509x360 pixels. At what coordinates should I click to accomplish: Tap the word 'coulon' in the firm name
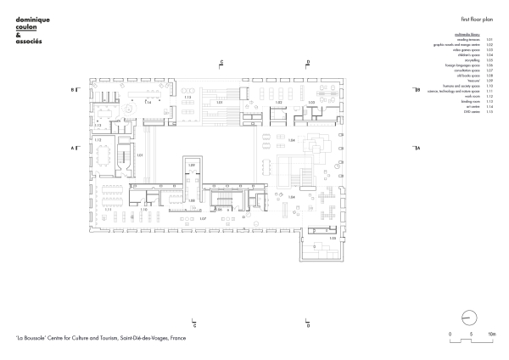point(28,25)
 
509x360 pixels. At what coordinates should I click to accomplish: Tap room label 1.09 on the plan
point(192,163)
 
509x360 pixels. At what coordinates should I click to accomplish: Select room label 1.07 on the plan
point(204,218)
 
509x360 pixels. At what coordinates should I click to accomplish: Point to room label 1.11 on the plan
point(108,208)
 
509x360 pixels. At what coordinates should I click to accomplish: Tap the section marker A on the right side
point(417,148)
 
